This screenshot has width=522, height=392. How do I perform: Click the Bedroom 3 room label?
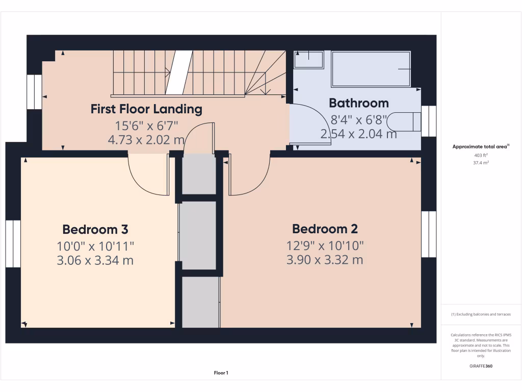point(95,229)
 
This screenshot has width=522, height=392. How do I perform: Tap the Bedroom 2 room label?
point(325,229)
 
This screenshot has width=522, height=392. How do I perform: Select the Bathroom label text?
point(359,103)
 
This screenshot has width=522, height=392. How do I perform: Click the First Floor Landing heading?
point(146,109)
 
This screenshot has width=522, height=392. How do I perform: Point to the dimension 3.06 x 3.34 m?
point(95,260)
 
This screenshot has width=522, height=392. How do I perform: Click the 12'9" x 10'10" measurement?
point(325,246)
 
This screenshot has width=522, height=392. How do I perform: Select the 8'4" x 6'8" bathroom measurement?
point(359,120)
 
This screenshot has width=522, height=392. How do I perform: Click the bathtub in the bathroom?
point(371,69)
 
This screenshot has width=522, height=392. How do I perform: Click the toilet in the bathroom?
point(404,122)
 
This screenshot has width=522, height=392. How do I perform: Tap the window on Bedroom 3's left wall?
point(13,243)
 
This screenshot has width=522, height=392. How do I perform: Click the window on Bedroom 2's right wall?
point(429,234)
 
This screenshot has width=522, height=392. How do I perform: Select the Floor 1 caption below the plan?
point(221,373)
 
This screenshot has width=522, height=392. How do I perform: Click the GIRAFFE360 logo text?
point(481,366)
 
